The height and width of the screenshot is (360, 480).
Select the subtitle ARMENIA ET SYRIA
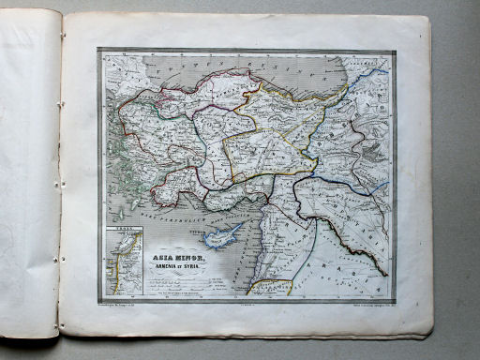[176, 263]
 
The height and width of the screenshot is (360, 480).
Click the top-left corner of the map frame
[98, 49]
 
